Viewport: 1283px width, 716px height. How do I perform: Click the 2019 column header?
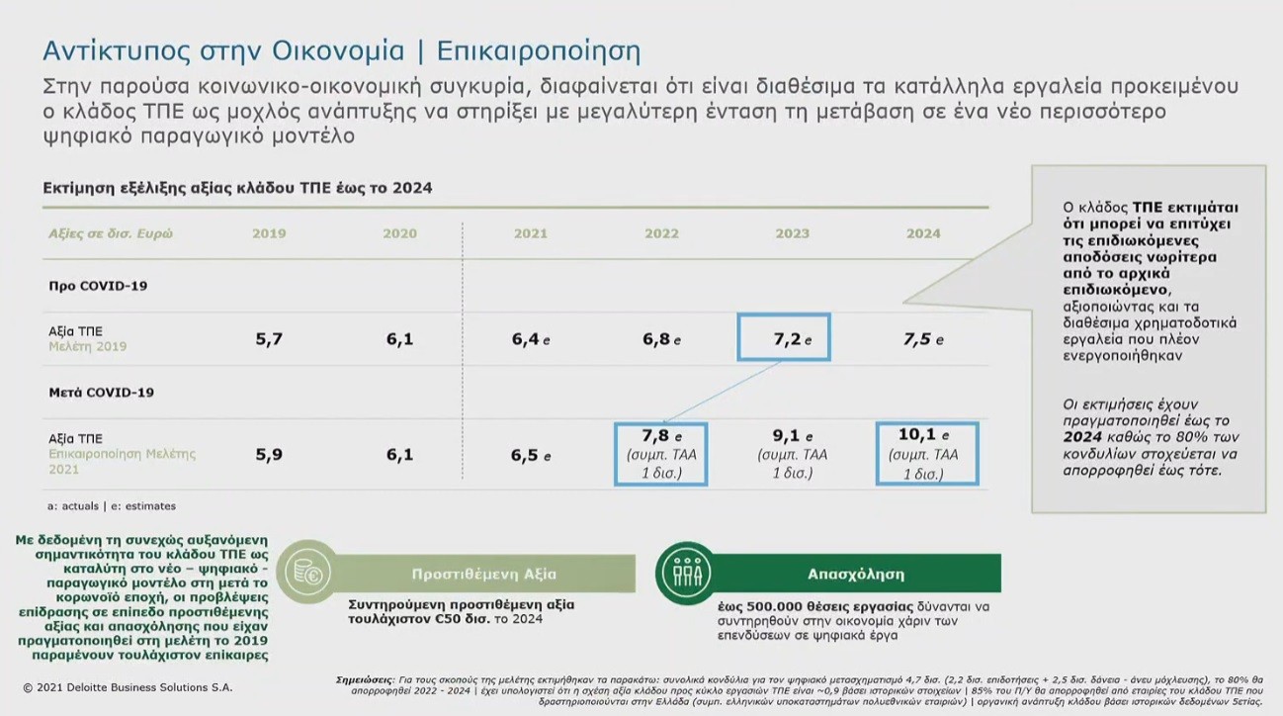tap(269, 233)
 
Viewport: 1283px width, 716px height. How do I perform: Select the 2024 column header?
tap(923, 233)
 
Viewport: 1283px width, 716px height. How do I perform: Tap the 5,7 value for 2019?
tap(269, 339)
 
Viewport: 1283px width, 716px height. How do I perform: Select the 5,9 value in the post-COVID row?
tap(269, 455)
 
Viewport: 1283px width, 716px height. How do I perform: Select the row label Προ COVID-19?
tap(98, 286)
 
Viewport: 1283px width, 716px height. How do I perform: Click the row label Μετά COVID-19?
tap(102, 392)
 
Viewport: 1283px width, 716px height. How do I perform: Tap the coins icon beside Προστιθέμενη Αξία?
tap(308, 573)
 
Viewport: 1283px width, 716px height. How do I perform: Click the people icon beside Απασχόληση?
tap(686, 573)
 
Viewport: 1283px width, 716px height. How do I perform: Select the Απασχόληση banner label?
tap(856, 574)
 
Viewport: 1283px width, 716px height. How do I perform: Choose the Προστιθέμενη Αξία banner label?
tap(484, 574)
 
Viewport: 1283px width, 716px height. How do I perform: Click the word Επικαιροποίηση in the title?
tap(539, 50)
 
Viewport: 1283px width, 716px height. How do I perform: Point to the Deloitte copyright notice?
tap(128, 687)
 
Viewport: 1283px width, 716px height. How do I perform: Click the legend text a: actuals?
tap(73, 506)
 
